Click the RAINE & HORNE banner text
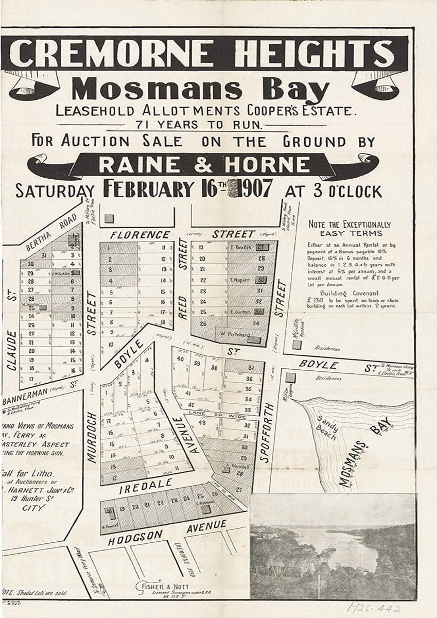coord(204,165)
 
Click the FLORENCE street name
coord(139,235)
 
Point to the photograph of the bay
coord(333,546)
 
